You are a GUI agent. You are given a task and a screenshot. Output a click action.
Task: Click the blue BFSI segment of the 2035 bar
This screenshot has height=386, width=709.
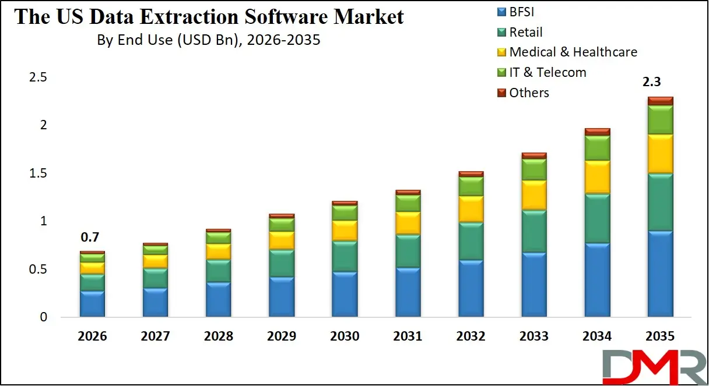tap(660, 274)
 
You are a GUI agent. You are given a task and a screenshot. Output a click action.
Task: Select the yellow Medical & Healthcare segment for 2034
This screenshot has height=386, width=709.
tap(597, 177)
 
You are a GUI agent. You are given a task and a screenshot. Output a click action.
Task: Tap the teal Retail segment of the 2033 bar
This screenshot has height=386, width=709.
tap(534, 231)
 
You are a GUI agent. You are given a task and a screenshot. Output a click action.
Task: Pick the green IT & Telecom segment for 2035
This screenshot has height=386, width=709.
tap(660, 119)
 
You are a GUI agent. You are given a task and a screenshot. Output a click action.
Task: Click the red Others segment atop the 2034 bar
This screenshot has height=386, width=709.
tap(597, 132)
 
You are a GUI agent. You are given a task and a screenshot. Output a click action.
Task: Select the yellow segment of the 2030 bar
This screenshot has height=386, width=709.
tap(345, 231)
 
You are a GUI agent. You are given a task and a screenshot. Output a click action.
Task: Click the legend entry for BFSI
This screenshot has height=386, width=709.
tap(522, 12)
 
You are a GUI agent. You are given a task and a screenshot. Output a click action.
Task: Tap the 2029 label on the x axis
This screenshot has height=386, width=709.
tap(282, 337)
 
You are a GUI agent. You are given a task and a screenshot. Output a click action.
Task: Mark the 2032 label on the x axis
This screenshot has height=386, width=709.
tap(471, 337)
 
